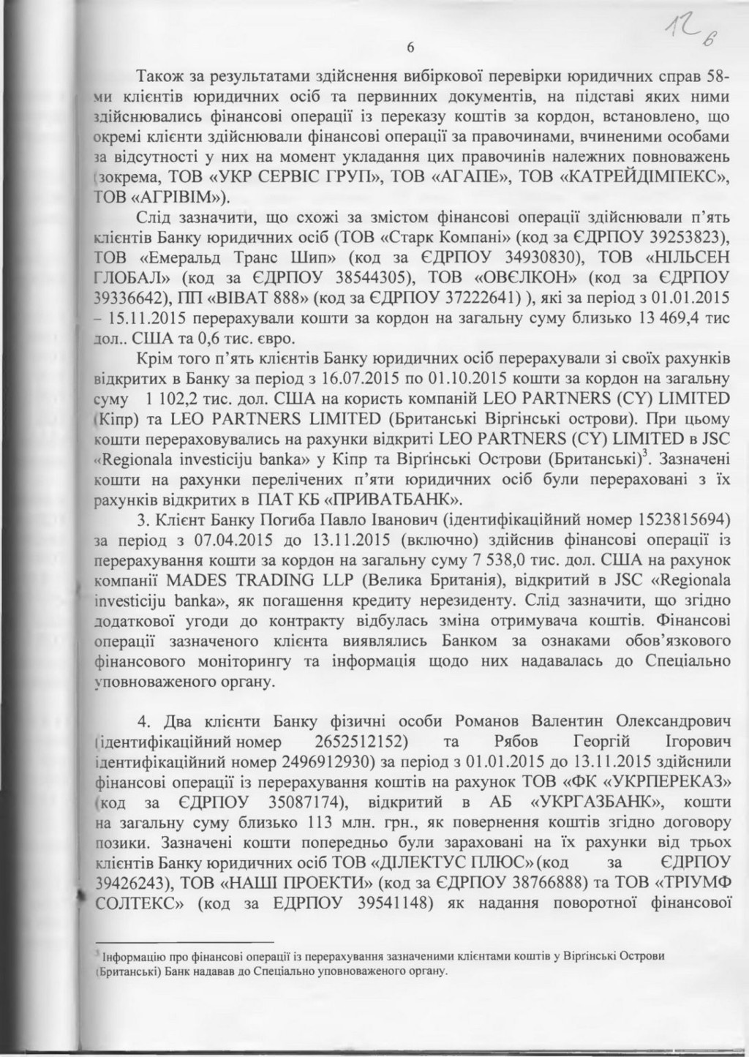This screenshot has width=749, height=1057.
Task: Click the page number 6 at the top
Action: (410, 48)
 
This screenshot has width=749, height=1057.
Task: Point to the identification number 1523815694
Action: (684, 520)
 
